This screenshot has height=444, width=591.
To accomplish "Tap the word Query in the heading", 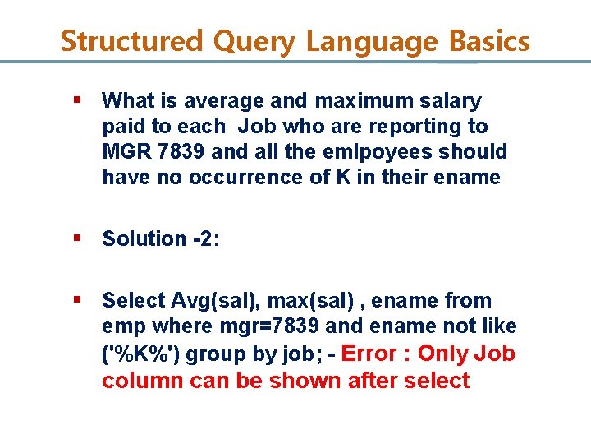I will [x=252, y=41].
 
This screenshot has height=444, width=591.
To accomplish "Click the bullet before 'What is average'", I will [x=76, y=100].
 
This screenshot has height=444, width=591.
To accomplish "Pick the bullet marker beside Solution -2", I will [x=76, y=238].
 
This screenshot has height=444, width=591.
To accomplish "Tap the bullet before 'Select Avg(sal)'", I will [x=76, y=300].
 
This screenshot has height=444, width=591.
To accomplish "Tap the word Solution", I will [x=144, y=238].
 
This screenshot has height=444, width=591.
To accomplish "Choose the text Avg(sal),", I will [x=210, y=301].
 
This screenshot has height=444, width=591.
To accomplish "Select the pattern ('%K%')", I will [x=135, y=354].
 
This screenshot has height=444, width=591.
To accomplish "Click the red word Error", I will [x=369, y=354].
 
